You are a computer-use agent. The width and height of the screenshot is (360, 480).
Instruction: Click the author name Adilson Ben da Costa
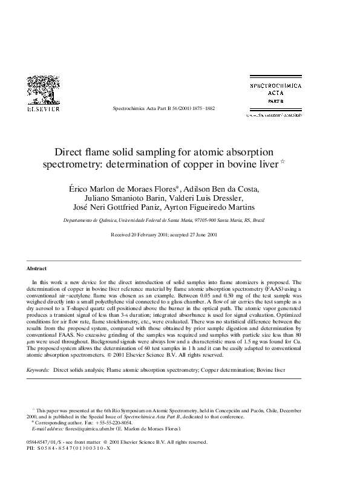tap(223, 188)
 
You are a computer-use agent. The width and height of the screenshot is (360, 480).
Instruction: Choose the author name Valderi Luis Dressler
tap(209, 198)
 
